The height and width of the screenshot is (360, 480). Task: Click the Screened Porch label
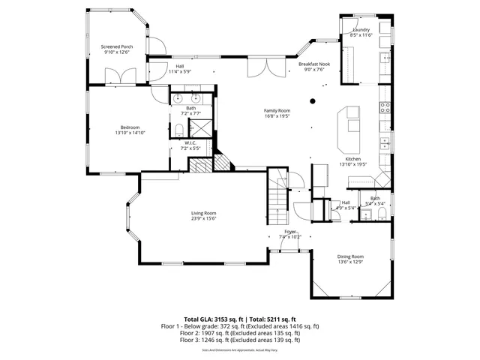(116, 46)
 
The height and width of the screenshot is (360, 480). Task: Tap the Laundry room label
(362, 30)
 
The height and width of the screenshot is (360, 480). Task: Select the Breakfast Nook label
(313, 64)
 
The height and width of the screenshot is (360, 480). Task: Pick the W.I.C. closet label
(190, 143)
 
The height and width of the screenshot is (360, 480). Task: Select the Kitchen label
(353, 159)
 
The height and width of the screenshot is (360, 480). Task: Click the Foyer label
(289, 232)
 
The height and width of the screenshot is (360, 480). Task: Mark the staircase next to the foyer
(279, 196)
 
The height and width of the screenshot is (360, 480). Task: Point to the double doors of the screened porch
(120, 75)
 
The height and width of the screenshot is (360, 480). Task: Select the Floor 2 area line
(240, 333)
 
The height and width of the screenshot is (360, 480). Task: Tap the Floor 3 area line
(240, 340)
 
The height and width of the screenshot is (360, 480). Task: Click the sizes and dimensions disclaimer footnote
(240, 349)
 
